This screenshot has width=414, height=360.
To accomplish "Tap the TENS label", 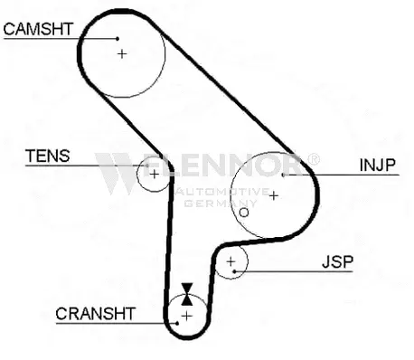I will point(47,156).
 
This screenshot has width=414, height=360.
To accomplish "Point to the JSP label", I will point(338,262).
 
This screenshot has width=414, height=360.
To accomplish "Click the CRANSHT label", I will point(95,314).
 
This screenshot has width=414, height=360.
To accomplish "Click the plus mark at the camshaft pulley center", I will point(123,53).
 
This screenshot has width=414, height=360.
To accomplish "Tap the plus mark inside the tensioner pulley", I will point(154,174).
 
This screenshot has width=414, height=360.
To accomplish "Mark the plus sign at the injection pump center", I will point(273,194).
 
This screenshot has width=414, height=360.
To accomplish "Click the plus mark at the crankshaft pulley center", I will point(186,316).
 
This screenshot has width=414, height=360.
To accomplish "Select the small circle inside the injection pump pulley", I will point(243,213).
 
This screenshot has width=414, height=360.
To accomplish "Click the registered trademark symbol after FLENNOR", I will point(314,159).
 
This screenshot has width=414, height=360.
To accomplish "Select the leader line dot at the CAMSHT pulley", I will point(118,38).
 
